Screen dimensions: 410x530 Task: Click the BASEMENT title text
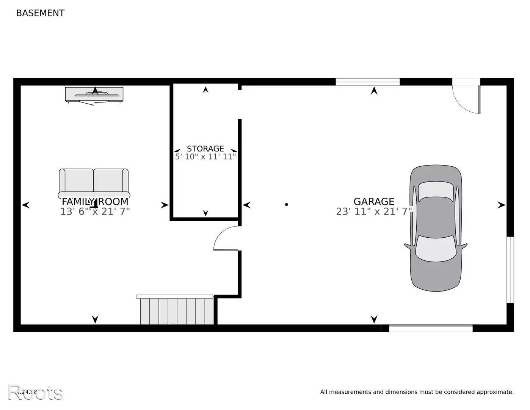(x=40, y=13)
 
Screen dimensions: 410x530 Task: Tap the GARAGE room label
(x=374, y=202)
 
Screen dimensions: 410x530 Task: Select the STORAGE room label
(x=205, y=148)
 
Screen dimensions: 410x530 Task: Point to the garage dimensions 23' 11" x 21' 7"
(x=374, y=211)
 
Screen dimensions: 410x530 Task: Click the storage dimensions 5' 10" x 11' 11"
(x=205, y=156)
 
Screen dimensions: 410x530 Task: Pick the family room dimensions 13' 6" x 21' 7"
(x=95, y=211)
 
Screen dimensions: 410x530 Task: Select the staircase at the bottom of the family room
(x=176, y=310)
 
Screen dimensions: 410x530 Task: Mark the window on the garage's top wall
(x=367, y=82)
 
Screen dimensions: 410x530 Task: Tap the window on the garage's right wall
(x=510, y=270)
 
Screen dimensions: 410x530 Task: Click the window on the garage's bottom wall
(x=431, y=328)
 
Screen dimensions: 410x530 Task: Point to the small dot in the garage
(x=287, y=205)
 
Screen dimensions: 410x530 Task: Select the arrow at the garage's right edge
(x=501, y=205)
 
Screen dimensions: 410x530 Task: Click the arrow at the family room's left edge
(x=26, y=205)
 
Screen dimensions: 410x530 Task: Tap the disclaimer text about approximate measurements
(x=417, y=392)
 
